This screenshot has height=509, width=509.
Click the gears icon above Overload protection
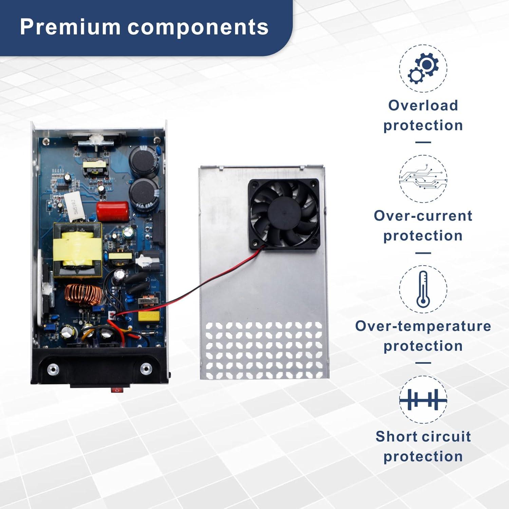[x=423, y=69]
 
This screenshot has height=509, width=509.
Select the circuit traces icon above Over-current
[x=423, y=179]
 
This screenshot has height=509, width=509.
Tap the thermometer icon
[x=423, y=289]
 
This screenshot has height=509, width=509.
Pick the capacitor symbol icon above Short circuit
[x=423, y=399]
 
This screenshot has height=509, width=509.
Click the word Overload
[x=423, y=105]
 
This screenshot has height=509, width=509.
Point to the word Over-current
[x=423, y=216]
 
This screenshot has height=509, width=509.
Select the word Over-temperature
[x=423, y=326]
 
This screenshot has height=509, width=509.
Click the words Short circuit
[x=423, y=436]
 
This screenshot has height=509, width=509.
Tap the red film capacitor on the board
[x=113, y=211]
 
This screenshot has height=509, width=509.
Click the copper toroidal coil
[x=83, y=294]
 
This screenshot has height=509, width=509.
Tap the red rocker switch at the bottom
[x=117, y=390]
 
